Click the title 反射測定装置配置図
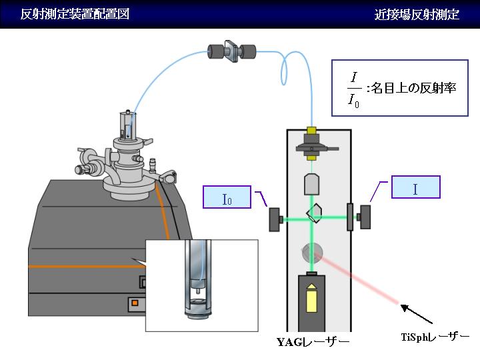coord(75,14)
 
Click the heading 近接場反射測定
coord(417,15)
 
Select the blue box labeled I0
coord(227,197)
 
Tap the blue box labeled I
coord(416,187)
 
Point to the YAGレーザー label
coord(313,342)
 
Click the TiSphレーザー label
coord(435,337)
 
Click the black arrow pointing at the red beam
coord(416,314)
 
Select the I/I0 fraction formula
coord(354,90)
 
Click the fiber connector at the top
coord(231,51)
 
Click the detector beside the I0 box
coord(275,219)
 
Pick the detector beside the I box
coord(365,217)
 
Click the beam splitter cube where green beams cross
coord(314,213)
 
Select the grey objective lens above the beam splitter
coord(311,184)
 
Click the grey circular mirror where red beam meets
coord(312,253)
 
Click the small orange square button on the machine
coord(135,303)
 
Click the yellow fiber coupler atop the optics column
coord(311,131)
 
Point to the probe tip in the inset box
coord(197,291)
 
